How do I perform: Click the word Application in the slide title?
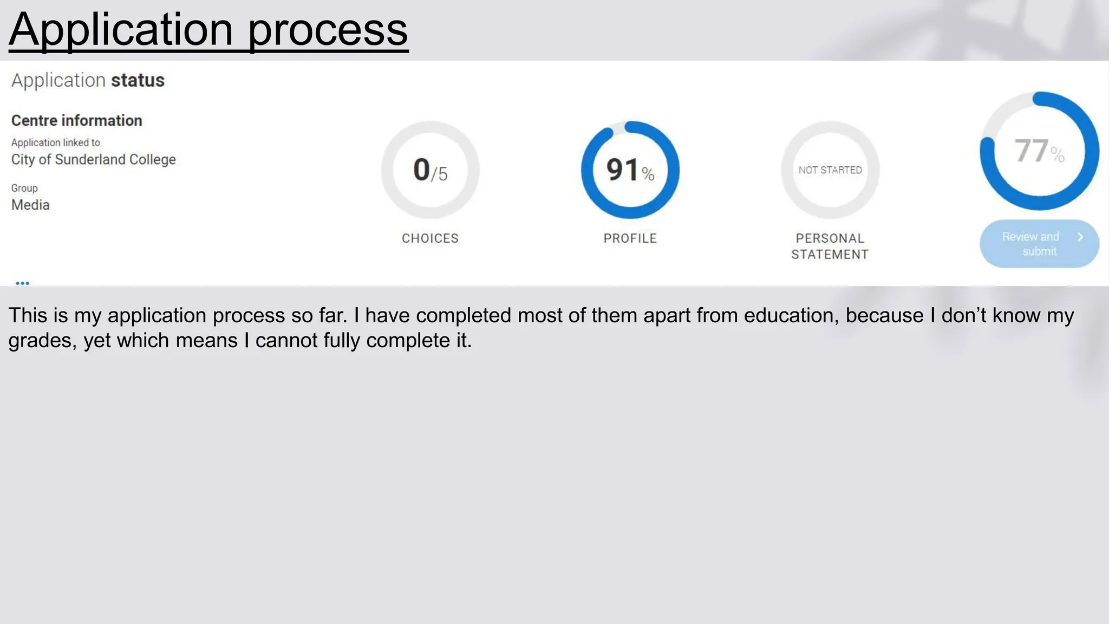(121, 30)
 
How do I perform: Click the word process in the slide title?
(328, 31)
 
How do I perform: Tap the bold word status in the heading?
(138, 80)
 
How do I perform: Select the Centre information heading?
(77, 120)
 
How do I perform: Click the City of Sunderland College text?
(94, 159)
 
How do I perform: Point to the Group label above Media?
(24, 188)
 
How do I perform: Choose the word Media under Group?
(30, 205)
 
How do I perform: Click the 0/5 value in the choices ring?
(430, 170)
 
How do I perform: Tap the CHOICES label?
(430, 238)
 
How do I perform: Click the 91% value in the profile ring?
(630, 170)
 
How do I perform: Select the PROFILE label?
(630, 238)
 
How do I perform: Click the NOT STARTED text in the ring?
(830, 170)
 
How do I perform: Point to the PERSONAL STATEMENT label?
(830, 246)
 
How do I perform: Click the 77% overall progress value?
(1039, 151)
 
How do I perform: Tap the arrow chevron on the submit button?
(1080, 237)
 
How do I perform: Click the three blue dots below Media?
(22, 283)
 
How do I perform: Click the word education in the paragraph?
(791, 315)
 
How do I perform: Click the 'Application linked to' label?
(56, 142)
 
